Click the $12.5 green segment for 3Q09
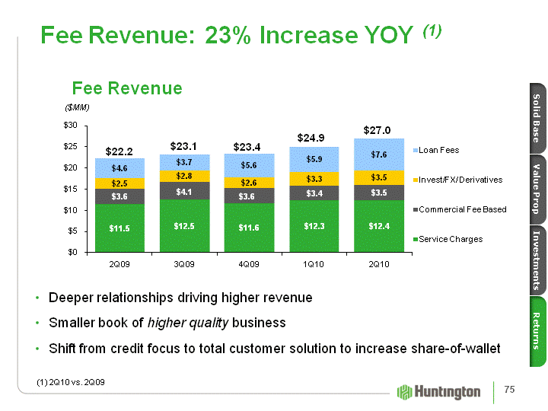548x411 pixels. [184, 225]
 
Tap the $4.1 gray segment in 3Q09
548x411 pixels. [184, 193]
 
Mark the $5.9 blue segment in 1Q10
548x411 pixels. [314, 160]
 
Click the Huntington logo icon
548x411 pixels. [404, 392]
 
